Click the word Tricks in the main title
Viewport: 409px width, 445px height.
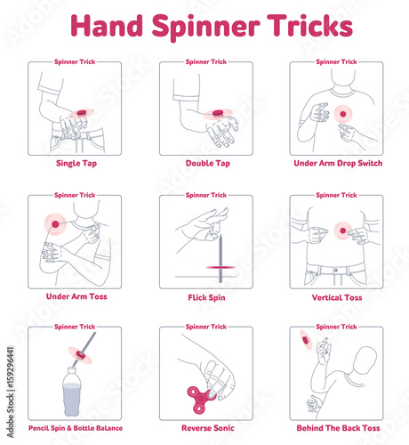point(309,26)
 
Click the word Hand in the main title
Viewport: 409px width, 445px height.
point(107,26)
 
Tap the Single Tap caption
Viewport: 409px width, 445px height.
point(76,164)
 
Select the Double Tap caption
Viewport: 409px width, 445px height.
point(208,163)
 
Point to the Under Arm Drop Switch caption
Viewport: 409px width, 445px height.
point(338,163)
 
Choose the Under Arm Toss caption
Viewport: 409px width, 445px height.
point(76,296)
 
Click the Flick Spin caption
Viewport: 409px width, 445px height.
point(206,297)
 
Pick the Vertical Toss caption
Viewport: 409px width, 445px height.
point(337,297)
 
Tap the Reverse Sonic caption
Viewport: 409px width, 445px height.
point(208,428)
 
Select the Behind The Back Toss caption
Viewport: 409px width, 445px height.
point(338,428)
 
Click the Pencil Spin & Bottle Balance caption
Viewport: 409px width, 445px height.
point(76,428)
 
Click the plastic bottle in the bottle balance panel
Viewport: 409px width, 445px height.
point(72,392)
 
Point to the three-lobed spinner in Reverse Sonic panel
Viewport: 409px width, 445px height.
point(201,399)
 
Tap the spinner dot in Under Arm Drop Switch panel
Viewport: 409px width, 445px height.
point(343,114)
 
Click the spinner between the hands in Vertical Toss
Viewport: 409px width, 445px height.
point(343,231)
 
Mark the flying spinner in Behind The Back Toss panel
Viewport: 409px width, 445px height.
point(306,340)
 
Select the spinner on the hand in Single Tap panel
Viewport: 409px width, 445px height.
point(82,112)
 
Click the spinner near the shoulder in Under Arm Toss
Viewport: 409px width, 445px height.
point(55,224)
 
